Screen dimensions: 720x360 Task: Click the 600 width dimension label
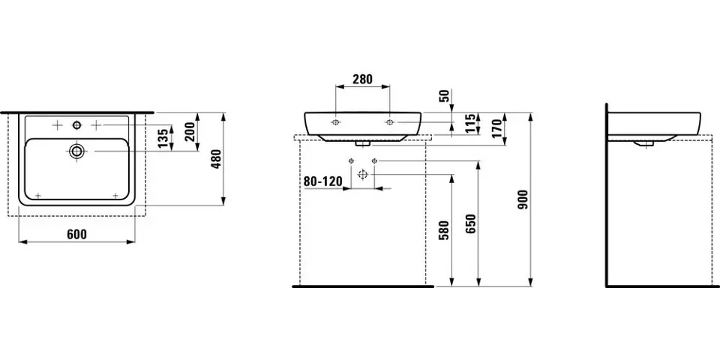[x=76, y=234]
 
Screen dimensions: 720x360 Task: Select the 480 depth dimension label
[x=217, y=159]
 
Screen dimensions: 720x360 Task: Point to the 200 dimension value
[x=190, y=131]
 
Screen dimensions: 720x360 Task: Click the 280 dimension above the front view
[x=362, y=79]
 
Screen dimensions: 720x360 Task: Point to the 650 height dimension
[x=472, y=223]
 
